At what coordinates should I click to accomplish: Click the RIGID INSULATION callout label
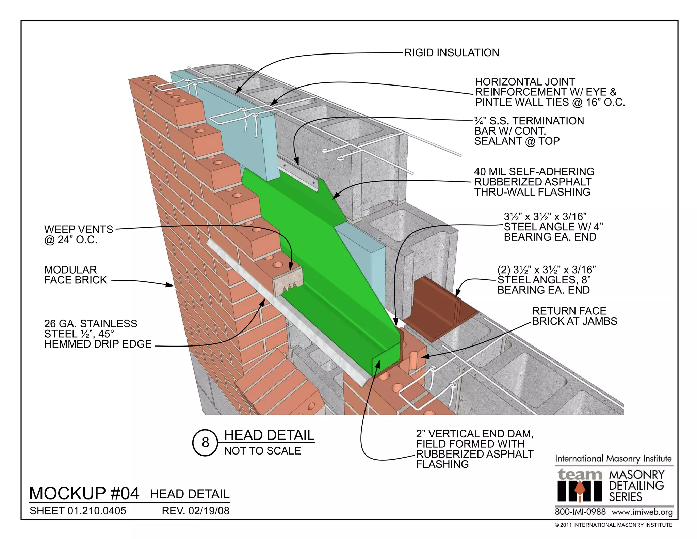[x=451, y=53]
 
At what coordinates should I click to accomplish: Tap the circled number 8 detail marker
[x=205, y=442]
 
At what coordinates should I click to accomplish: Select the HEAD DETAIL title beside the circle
[x=269, y=435]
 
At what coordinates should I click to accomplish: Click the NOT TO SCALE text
[x=262, y=451]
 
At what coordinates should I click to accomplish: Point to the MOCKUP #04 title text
[x=84, y=493]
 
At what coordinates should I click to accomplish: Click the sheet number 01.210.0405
[x=78, y=511]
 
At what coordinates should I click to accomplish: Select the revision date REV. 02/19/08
[x=196, y=511]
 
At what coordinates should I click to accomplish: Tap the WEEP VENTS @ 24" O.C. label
[x=78, y=234]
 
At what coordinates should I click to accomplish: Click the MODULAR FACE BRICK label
[x=75, y=275]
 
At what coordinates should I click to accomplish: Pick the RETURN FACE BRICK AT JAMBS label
[x=574, y=316]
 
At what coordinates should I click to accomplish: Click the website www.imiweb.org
[x=642, y=512]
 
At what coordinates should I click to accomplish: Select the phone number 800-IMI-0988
[x=580, y=512]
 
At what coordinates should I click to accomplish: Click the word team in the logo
[x=580, y=474]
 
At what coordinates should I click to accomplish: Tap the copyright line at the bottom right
[x=613, y=525]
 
